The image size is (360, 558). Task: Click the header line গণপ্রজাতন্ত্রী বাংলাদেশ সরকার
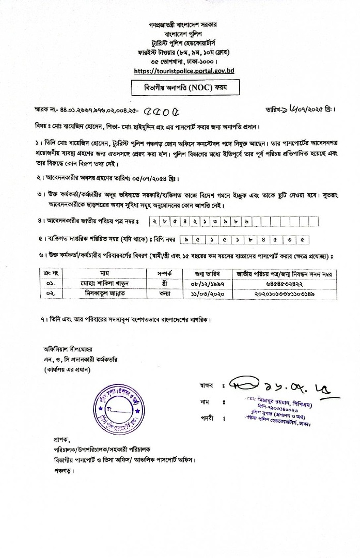[180, 25]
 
